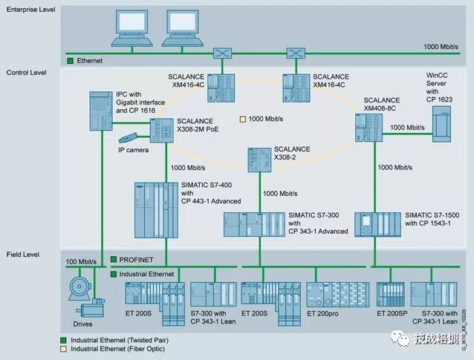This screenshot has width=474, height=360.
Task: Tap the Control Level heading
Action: click(x=27, y=73)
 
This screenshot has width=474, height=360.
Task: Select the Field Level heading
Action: click(x=23, y=254)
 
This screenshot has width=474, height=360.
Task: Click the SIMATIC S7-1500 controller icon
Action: click(x=378, y=224)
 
